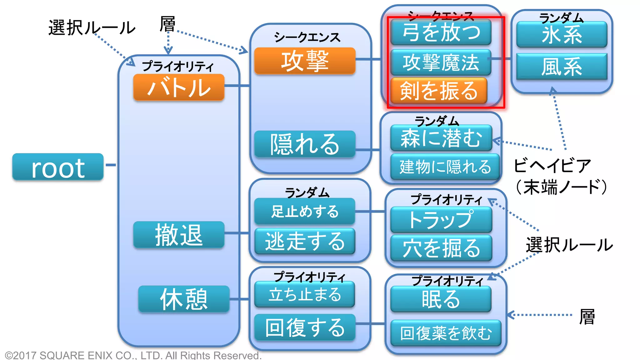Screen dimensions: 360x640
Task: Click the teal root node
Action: pos(58,167)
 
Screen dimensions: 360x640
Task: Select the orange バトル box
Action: pos(179,87)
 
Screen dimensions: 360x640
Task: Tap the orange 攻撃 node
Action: pos(305,61)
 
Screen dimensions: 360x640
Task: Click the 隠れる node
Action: pos(305,144)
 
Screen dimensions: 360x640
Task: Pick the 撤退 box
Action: pos(179,235)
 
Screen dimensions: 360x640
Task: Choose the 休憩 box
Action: pos(184,299)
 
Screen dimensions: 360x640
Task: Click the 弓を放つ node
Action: pos(441,32)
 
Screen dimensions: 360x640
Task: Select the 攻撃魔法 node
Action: pos(441,62)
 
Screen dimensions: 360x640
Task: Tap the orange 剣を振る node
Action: pos(439,91)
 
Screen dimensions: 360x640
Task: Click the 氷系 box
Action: pos(562,34)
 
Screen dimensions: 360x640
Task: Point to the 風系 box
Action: pos(562,66)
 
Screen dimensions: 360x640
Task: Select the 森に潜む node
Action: pos(441,138)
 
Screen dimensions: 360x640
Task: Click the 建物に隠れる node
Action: pos(445,167)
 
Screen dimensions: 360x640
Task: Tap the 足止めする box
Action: pos(305,211)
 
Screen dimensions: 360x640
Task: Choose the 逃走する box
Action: pos(305,241)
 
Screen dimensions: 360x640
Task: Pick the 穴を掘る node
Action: pos(441,248)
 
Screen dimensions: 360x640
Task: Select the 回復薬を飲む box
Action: pos(446,333)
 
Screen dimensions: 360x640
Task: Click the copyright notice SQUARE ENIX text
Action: pos(133,355)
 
